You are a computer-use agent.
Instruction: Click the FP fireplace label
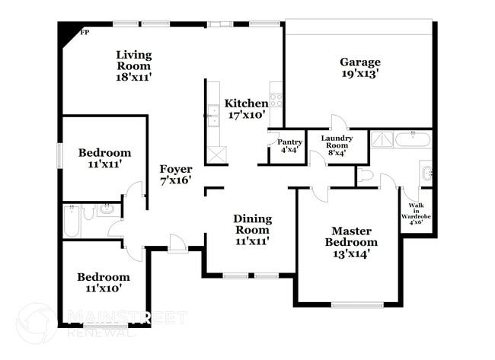pos(84,32)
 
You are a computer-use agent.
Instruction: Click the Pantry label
pos(289,142)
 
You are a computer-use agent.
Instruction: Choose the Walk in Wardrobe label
pos(417,214)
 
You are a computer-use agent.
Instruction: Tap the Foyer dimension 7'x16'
pos(175,181)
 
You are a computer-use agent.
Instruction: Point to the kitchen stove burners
pos(276,99)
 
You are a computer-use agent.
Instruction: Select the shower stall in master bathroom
pos(382,139)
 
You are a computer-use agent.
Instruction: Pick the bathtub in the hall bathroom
pos(71,220)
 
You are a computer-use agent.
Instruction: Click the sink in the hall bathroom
pos(107,210)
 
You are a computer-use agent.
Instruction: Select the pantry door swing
pos(273,137)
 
